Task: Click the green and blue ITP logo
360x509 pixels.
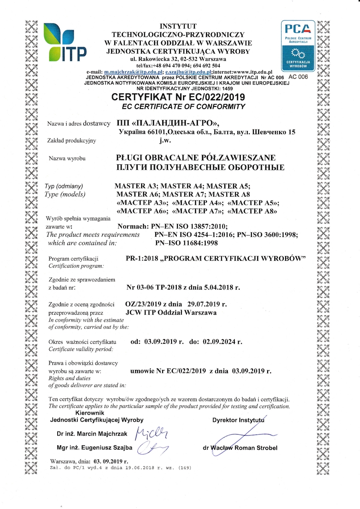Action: pyautogui.click(x=65, y=42)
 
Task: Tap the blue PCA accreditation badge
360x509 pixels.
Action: pyautogui.click(x=298, y=46)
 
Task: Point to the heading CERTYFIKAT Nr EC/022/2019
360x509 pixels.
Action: pyautogui.click(x=178, y=97)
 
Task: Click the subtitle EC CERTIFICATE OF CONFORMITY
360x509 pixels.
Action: pyautogui.click(x=184, y=106)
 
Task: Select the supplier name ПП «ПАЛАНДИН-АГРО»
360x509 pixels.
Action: pyautogui.click(x=168, y=123)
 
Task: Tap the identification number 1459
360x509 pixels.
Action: pyautogui.click(x=228, y=88)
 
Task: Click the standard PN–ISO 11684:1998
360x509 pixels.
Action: pyautogui.click(x=186, y=243)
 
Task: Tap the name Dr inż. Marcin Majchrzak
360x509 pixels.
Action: pyautogui.click(x=92, y=434)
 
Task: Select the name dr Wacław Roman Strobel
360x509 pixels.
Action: pyautogui.click(x=240, y=448)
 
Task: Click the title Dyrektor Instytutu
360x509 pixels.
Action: pyautogui.click(x=238, y=420)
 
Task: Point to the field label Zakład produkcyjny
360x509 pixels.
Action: pyautogui.click(x=72, y=140)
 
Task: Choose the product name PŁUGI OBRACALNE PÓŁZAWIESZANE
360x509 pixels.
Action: pyautogui.click(x=196, y=158)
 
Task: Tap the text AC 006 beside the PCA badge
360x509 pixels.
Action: pyautogui.click(x=298, y=77)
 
